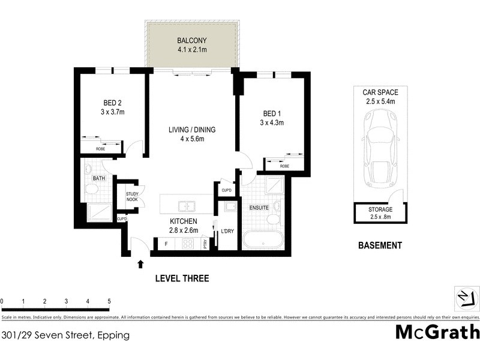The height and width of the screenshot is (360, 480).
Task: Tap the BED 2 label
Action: point(112,102)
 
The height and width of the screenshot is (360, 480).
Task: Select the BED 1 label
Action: point(271,114)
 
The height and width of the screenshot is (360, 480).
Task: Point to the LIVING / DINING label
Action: point(191,129)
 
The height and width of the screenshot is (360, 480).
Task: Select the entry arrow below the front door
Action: point(140,264)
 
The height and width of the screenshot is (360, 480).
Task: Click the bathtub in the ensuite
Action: point(263,241)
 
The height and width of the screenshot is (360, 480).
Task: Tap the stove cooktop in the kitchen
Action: point(188,244)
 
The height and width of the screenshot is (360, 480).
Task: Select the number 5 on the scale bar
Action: point(109,301)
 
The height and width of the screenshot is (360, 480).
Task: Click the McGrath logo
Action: point(437,331)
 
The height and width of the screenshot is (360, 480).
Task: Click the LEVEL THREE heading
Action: point(182,278)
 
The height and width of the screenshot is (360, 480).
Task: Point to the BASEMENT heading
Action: point(379,245)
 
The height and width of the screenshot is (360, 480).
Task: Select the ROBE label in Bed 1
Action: point(284,166)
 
